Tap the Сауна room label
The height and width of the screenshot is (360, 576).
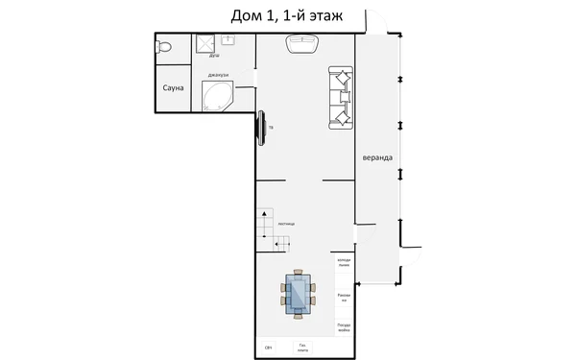174,88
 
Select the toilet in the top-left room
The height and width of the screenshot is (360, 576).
164,46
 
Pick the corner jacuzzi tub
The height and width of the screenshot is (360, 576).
217,95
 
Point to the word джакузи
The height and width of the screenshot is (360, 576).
217,74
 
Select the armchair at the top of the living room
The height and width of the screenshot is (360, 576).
302,43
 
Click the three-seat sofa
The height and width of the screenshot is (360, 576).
341,97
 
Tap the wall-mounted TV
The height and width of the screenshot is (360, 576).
260,127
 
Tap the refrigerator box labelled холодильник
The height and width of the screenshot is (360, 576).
344,262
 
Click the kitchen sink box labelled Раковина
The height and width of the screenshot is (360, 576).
344,298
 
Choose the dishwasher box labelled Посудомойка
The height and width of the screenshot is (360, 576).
344,326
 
